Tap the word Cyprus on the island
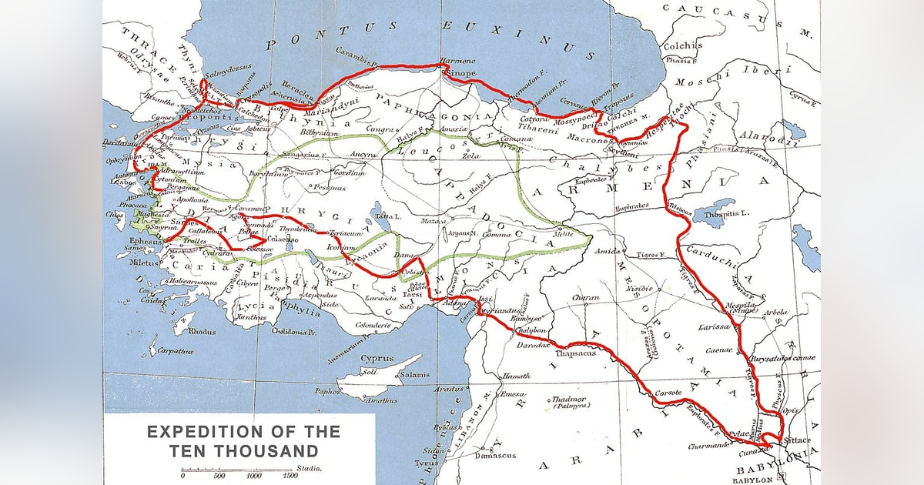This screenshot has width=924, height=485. tap(377, 359)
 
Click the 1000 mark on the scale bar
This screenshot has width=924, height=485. tap(254, 476)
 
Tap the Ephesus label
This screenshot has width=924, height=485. tap(146, 242)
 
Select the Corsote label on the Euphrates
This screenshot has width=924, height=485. tap(668, 393)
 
